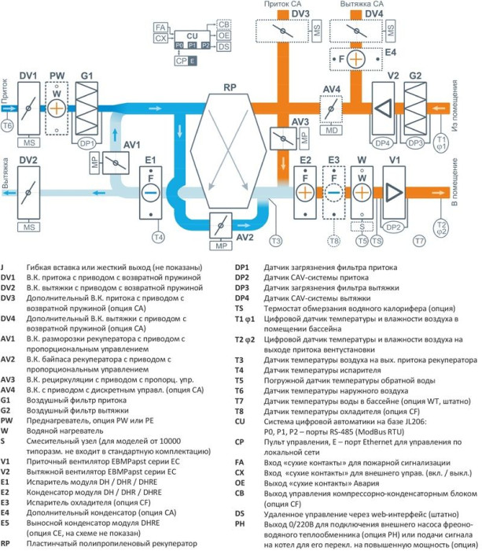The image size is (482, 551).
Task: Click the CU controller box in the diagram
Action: (x=193, y=36)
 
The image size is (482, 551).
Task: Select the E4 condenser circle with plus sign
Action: (x=356, y=59)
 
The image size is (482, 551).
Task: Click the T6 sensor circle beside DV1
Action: (x=8, y=125)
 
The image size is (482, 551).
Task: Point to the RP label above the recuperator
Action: (x=230, y=88)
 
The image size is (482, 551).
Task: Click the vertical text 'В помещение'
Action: (x=454, y=188)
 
